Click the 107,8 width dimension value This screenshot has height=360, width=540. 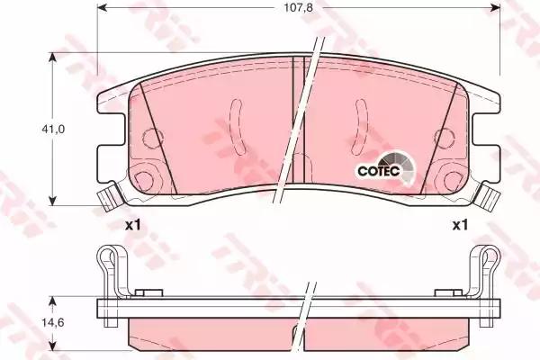(298, 7)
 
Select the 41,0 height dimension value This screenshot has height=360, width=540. (53, 130)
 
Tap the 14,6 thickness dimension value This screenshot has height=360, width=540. (53, 323)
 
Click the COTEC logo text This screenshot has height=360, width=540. (379, 171)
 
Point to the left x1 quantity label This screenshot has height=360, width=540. (132, 226)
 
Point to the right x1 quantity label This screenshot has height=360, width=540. (460, 226)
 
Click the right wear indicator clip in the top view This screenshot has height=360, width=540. (487, 197)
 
